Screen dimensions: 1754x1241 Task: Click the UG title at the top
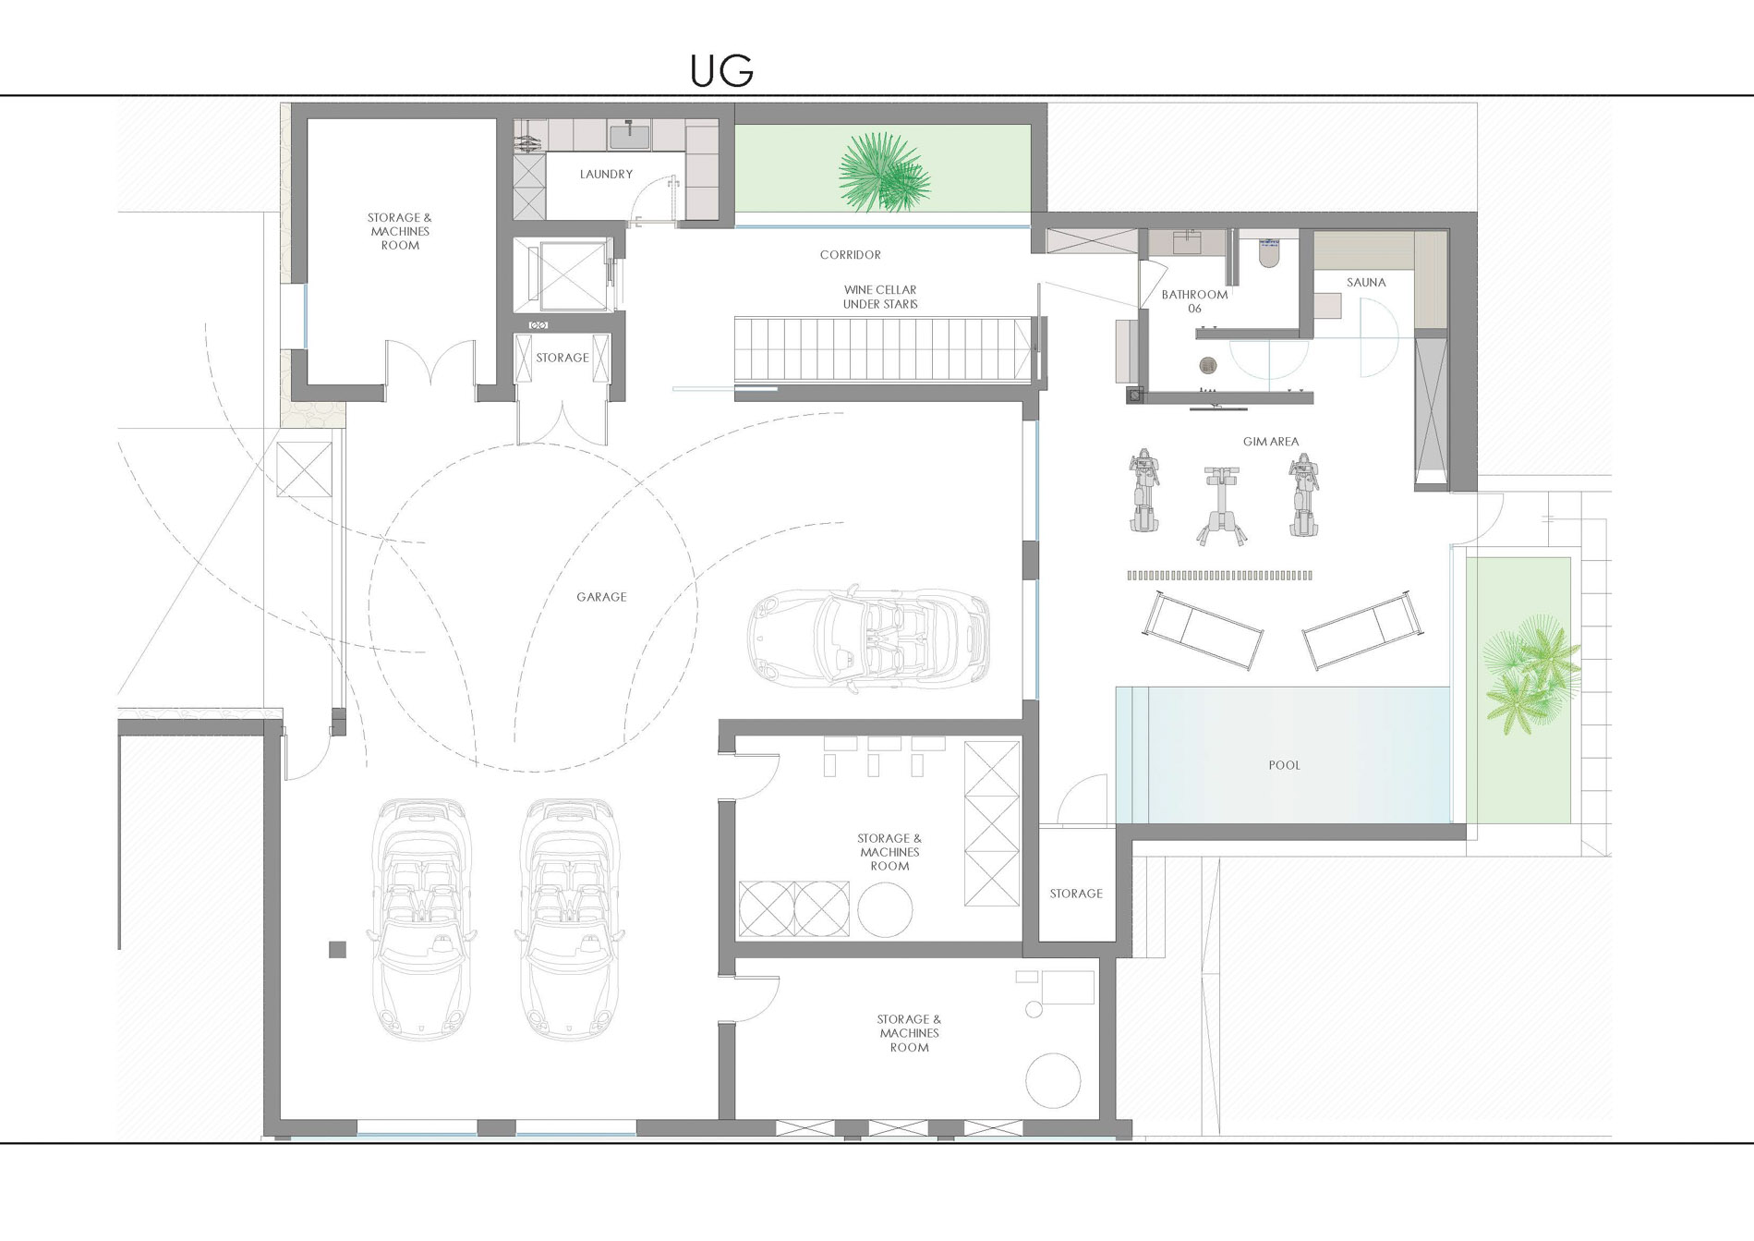tap(721, 71)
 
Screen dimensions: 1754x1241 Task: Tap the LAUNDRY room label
tap(606, 174)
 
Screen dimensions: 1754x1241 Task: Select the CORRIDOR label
tap(850, 254)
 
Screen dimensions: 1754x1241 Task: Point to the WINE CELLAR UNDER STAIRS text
tap(880, 297)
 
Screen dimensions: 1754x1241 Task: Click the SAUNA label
tap(1366, 283)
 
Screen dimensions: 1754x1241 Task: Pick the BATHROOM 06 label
tap(1194, 301)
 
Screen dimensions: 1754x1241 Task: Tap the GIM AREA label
tap(1271, 442)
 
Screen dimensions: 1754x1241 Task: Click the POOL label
tap(1284, 765)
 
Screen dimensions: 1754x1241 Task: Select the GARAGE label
tap(601, 597)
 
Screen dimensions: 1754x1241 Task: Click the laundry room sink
tap(629, 135)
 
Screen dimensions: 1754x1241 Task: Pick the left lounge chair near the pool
tap(1203, 630)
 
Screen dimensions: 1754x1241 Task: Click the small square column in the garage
tap(337, 949)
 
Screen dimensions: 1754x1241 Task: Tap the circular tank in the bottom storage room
tap(1052, 1081)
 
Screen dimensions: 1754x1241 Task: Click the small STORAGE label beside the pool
tap(1076, 894)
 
